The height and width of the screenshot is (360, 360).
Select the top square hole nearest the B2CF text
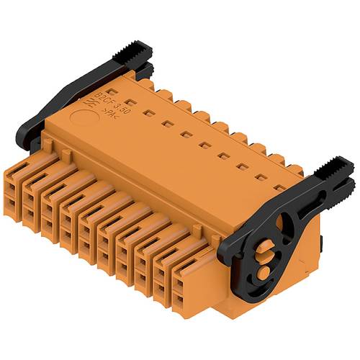[x=130, y=102]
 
